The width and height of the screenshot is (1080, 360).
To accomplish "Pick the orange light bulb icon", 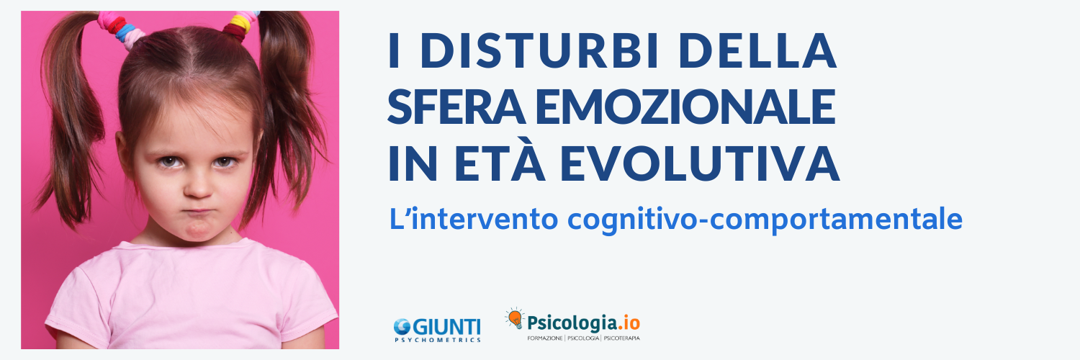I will click(x=514, y=318).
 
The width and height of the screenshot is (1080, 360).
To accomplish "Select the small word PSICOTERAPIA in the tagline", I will click(x=622, y=338).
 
